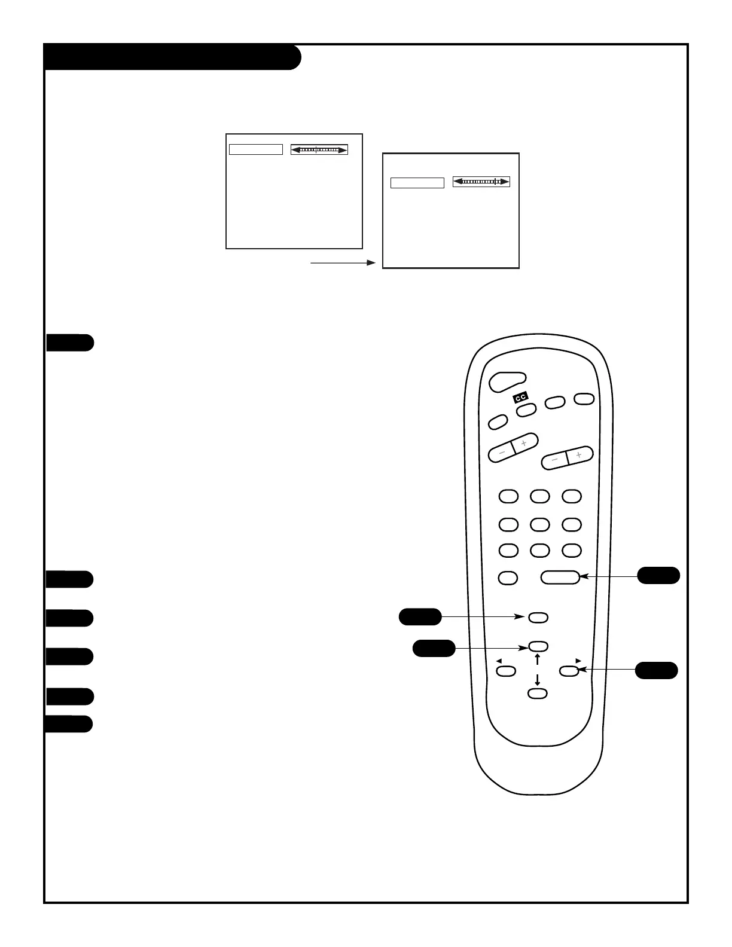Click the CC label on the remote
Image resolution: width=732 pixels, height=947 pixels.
click(x=520, y=398)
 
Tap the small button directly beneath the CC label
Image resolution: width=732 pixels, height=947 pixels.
click(x=526, y=410)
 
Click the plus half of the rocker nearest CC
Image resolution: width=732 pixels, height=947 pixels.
click(x=525, y=444)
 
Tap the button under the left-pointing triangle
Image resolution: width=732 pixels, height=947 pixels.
click(x=507, y=671)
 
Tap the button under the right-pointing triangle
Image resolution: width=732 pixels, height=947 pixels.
click(x=569, y=671)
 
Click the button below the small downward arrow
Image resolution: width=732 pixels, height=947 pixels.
click(x=538, y=693)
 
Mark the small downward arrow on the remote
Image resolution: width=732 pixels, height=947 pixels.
click(x=538, y=680)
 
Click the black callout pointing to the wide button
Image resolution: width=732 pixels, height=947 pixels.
click(x=658, y=575)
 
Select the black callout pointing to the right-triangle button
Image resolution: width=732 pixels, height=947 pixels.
click(x=657, y=670)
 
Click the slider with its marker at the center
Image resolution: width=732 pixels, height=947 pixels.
click(x=319, y=149)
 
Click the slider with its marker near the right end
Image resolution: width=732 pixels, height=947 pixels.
click(x=481, y=181)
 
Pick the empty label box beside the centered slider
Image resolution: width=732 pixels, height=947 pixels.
click(x=256, y=149)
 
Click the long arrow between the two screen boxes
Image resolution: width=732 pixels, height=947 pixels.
click(x=343, y=262)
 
